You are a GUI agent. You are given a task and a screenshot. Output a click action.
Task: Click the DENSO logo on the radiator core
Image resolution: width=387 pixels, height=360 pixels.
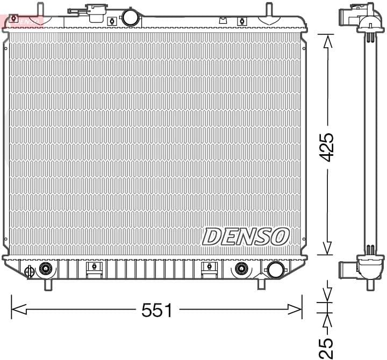pyautogui.click(x=246, y=236)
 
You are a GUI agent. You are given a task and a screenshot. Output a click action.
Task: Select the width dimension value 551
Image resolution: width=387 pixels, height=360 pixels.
pyautogui.click(x=156, y=310)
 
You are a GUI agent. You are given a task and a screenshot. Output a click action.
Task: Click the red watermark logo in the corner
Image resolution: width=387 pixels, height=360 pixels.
pyautogui.click(x=21, y=20)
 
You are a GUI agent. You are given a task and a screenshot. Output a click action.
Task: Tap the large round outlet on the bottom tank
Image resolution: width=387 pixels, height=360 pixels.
pyautogui.click(x=276, y=269)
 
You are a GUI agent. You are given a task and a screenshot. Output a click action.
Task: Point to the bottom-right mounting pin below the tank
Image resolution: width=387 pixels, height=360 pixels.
pyautogui.click(x=262, y=283)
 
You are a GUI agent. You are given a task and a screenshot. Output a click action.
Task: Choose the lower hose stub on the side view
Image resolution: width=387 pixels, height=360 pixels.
pyautogui.click(x=347, y=268)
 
